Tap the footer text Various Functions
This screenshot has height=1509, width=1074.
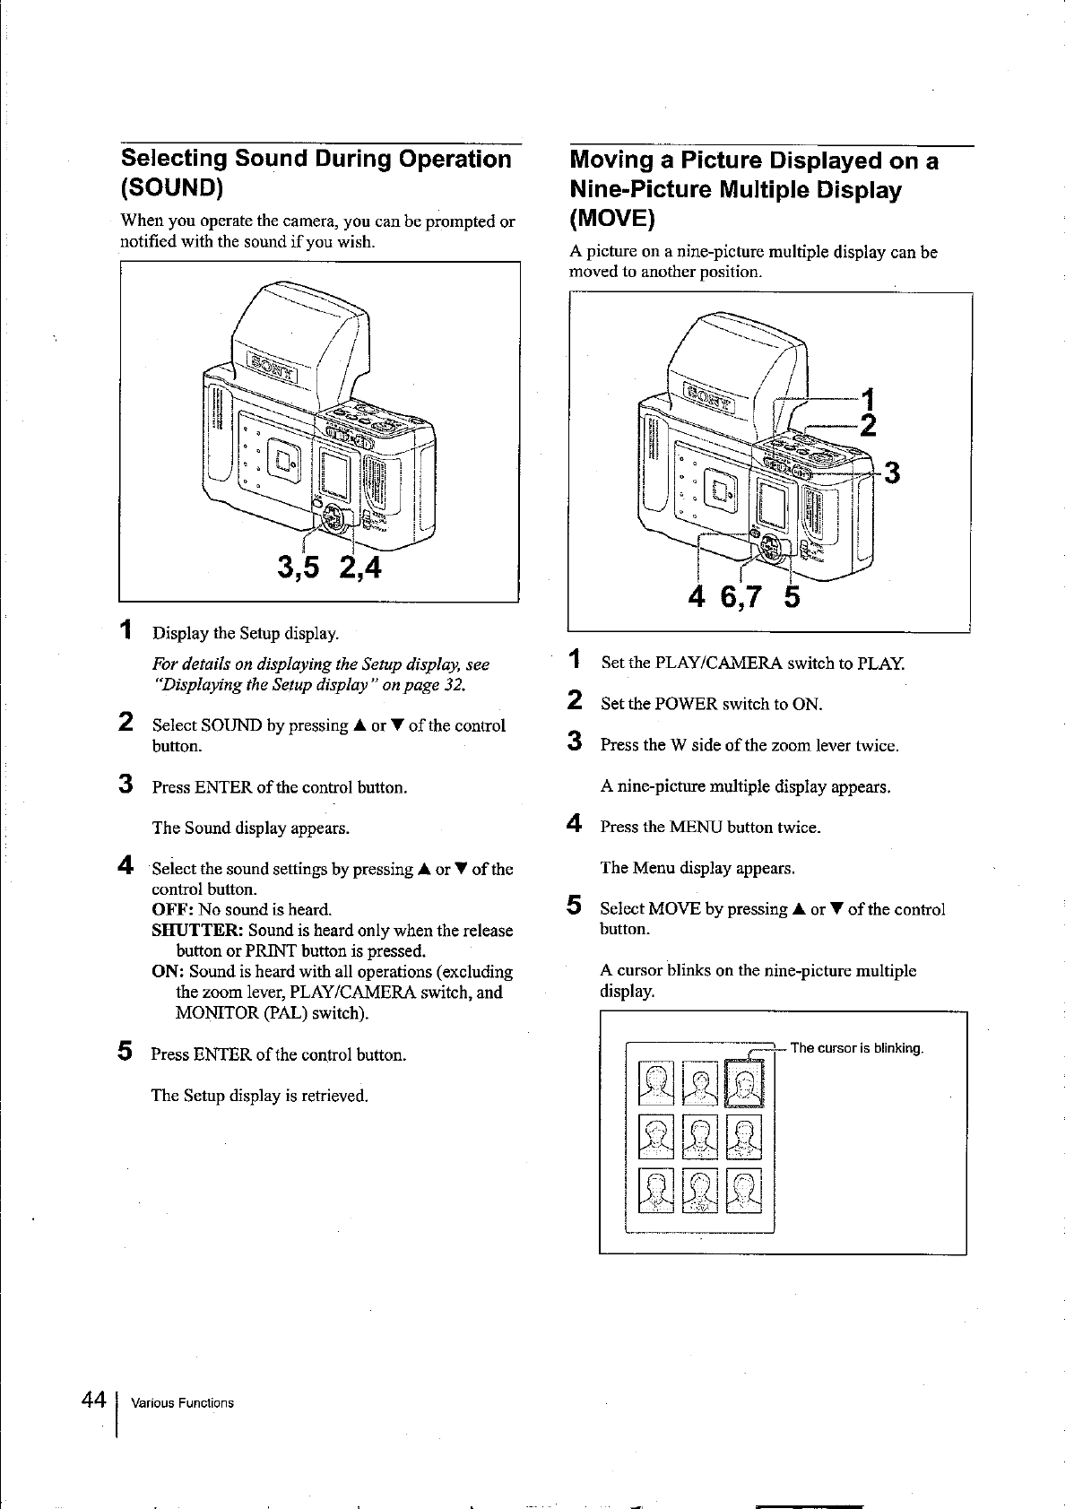click(x=182, y=1403)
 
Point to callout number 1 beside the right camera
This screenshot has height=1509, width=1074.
click(x=867, y=397)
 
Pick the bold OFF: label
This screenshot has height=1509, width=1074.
click(x=172, y=910)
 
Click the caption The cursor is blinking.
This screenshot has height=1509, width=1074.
click(x=856, y=1049)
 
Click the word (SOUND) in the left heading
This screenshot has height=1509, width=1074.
click(x=172, y=189)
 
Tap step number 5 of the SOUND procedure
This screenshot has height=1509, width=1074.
click(x=127, y=1051)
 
